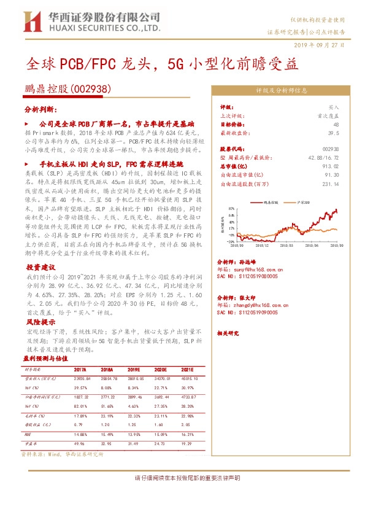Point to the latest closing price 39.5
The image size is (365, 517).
(x=334, y=132)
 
